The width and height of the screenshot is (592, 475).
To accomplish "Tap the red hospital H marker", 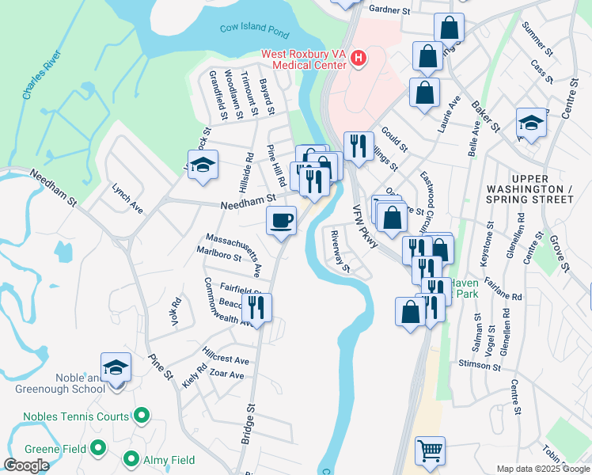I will click(x=359, y=59).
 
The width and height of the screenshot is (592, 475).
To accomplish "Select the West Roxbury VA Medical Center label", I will click(x=305, y=59).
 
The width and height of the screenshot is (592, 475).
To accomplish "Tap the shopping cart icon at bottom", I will click(x=430, y=451).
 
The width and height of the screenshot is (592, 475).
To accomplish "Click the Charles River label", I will click(x=41, y=78).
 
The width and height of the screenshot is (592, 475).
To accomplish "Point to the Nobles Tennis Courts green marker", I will click(x=142, y=416).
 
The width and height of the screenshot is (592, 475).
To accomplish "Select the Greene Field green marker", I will click(x=98, y=449).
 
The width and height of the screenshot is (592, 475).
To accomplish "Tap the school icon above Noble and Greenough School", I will click(x=116, y=367).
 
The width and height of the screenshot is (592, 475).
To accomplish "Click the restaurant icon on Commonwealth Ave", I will click(x=256, y=306).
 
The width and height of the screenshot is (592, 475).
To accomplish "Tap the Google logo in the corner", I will click(x=27, y=465).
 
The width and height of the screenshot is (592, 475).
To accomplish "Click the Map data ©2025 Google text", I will click(x=542, y=469).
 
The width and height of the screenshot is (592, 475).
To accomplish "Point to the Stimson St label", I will click(x=480, y=367).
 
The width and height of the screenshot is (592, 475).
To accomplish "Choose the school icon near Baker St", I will click(x=531, y=123).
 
